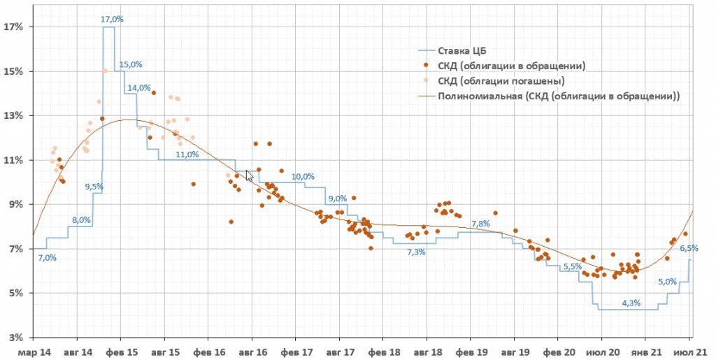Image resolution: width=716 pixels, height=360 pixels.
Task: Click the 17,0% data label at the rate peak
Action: coord(112,20)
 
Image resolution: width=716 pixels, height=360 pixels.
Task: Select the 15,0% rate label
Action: coord(131,64)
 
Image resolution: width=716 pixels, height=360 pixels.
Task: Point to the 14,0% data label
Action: coord(138,87)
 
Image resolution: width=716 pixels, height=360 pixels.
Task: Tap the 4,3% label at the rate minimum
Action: coord(631,303)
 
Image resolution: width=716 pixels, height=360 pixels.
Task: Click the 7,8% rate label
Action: coord(480,224)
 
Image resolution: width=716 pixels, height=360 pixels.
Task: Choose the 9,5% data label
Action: coord(94,187)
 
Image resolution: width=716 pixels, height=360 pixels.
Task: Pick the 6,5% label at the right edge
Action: coord(689,248)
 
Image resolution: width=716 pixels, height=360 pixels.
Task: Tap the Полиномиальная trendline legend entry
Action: coord(559,96)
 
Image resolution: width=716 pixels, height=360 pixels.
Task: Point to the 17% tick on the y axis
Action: coord(13,27)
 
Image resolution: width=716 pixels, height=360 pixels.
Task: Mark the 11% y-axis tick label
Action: coord(13,160)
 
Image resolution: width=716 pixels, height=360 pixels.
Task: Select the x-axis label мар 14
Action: coord(34,352)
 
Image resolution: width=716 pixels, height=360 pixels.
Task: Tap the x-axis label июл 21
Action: coord(692,352)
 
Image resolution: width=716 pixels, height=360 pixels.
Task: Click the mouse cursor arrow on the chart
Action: coord(249,175)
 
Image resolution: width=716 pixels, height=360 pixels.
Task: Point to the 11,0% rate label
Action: coord(187,154)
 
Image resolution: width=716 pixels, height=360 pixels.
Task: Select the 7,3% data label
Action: coord(417,252)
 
